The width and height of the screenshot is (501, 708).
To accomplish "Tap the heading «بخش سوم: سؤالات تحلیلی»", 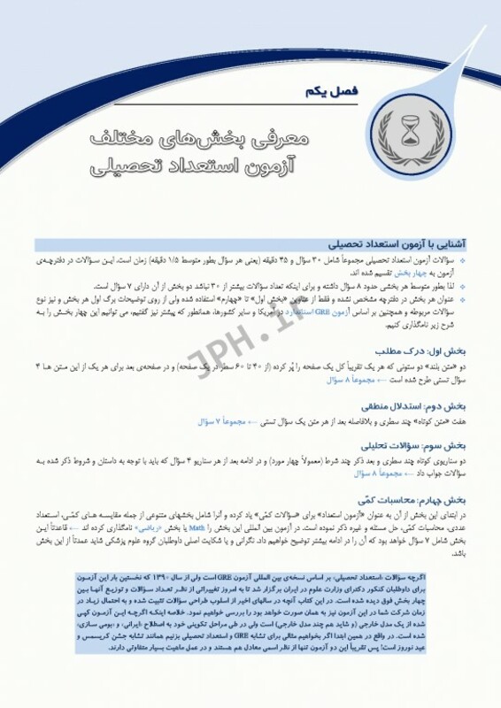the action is (x=420, y=445).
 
